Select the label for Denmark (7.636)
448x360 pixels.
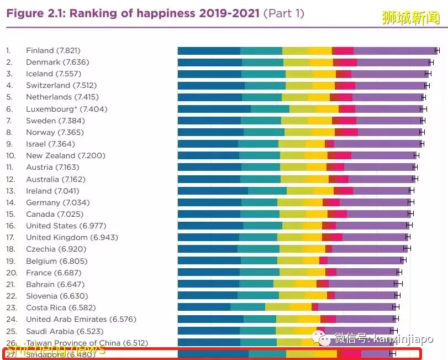(x=57, y=62)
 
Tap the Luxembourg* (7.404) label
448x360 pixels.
(x=66, y=109)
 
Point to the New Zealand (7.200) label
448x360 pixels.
(x=65, y=155)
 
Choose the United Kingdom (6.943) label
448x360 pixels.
(x=72, y=237)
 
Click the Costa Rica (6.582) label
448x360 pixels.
(x=60, y=307)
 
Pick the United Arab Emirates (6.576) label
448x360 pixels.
(x=81, y=319)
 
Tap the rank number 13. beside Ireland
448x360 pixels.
(x=10, y=191)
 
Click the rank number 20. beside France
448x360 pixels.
(x=11, y=273)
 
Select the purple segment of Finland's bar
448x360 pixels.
(x=394, y=50)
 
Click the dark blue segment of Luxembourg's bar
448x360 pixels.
(x=214, y=109)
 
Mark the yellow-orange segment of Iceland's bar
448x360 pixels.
(x=324, y=74)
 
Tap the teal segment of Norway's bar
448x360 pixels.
(x=263, y=132)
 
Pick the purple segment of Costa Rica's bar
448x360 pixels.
(x=356, y=307)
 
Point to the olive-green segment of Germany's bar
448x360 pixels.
(x=290, y=202)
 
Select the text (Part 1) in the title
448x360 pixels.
(x=283, y=13)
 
